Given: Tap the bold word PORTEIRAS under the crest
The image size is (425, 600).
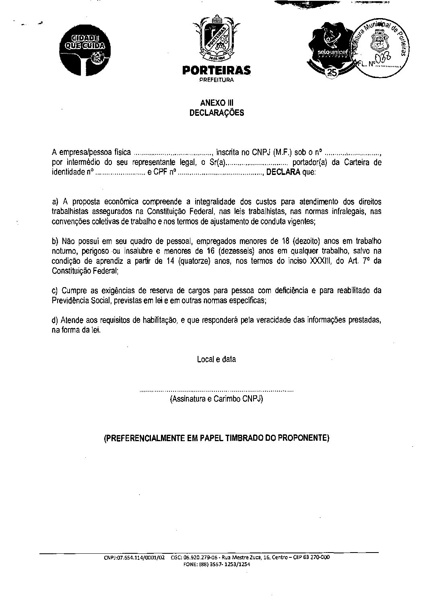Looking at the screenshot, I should click(216, 71).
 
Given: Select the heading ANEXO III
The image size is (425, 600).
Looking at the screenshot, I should click(217, 103).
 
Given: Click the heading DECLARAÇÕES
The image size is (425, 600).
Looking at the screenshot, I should click(217, 113).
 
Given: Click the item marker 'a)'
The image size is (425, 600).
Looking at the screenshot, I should click(56, 201).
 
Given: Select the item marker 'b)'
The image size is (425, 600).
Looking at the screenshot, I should click(56, 241).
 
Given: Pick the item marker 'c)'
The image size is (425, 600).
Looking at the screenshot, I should click(55, 291).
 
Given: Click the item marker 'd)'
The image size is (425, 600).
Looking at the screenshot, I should click(56, 321).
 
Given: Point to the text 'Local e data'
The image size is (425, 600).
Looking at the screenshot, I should click(217, 360).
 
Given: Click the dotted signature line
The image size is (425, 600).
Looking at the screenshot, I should click(217, 390).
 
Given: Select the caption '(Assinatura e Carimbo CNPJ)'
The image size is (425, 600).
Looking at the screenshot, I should click(217, 399).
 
